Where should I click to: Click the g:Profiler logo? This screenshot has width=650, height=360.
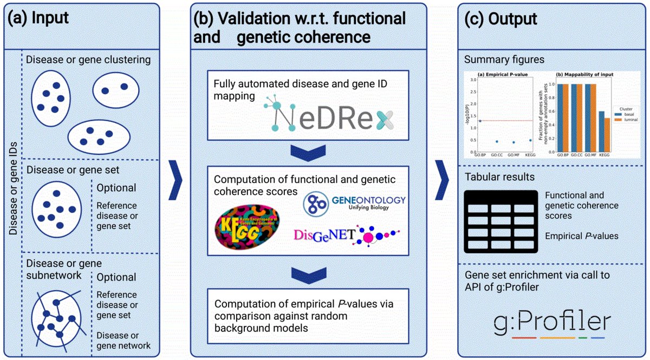pos(552,323)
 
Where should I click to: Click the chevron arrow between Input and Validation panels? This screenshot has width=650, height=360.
pos(174,179)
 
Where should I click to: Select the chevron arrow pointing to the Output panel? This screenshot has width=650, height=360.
pos(443,179)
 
